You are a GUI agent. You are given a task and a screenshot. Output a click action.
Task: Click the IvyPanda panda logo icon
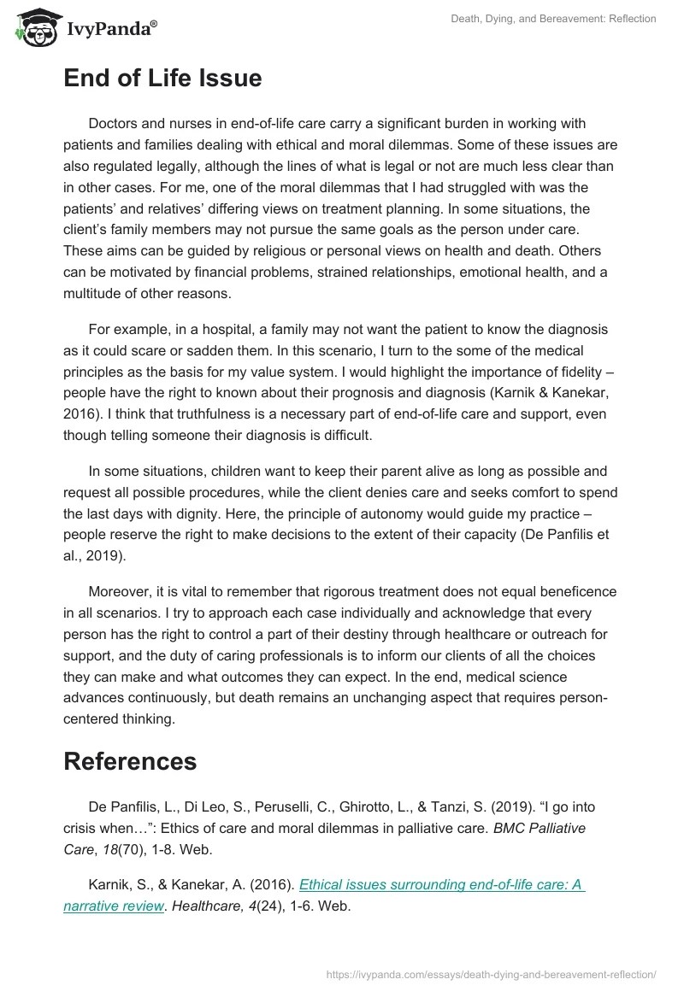[x=33, y=27]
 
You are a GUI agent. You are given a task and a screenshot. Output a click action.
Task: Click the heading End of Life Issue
[x=162, y=79]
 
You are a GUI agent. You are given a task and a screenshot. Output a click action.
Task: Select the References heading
[x=130, y=761]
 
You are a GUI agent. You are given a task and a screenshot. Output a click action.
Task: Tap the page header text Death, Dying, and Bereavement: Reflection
[x=553, y=19]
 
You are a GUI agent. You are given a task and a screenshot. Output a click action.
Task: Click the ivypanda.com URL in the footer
[x=492, y=973]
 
